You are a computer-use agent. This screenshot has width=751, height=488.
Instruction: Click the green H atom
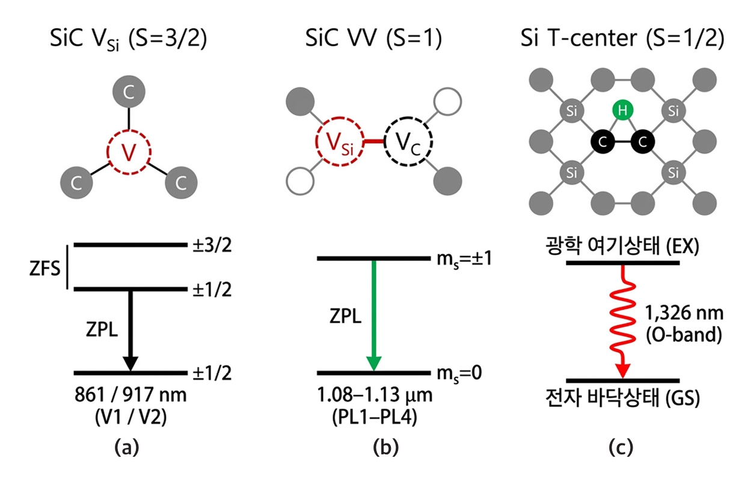[x=622, y=110]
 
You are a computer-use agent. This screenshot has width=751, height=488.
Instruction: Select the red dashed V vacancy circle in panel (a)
[x=129, y=130]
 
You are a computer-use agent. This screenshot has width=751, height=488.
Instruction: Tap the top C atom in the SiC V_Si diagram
[x=129, y=91]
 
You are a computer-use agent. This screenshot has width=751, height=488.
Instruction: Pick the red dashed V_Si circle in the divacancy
[x=340, y=117]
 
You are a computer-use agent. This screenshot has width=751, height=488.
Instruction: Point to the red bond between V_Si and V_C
[x=374, y=141]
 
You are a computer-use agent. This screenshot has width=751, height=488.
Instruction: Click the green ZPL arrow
[x=374, y=316]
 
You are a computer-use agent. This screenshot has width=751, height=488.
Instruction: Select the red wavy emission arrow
[x=622, y=322]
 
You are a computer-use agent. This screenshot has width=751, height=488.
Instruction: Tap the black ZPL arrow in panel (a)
[x=130, y=331]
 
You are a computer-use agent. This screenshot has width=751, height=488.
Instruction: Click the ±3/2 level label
[x=212, y=245]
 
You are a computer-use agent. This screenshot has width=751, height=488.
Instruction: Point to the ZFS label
[x=45, y=269]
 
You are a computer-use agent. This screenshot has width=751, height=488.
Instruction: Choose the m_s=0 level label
[x=459, y=373]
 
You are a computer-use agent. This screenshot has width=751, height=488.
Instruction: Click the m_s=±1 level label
[x=464, y=259]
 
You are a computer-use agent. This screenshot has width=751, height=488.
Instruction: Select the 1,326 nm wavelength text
[x=684, y=314]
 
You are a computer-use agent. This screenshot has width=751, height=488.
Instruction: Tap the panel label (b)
[x=386, y=448]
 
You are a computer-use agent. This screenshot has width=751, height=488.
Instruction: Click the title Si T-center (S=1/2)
[x=622, y=38]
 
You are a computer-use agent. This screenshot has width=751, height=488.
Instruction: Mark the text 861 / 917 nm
[x=130, y=394]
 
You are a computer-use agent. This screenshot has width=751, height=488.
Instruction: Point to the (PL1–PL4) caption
[x=375, y=417]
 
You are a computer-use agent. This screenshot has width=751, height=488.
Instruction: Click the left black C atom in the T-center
[x=602, y=142]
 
